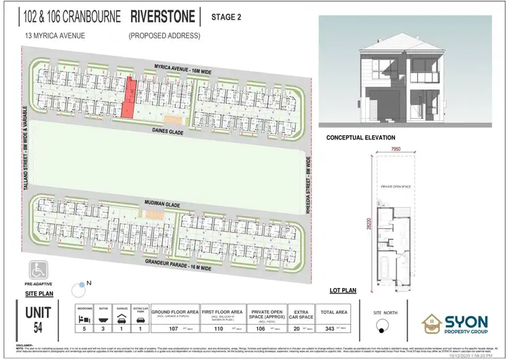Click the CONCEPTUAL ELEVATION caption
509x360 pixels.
pyautogui.click(x=360, y=137)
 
